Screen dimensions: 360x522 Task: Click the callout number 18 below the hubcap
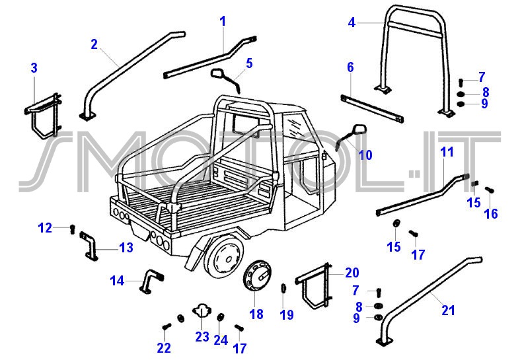[x=256, y=314]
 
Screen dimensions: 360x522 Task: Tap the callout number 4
[x=352, y=22]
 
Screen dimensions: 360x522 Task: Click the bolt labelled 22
[x=166, y=326]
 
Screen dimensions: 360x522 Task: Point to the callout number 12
[x=45, y=228]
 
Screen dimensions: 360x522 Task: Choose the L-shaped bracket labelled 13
[x=91, y=245]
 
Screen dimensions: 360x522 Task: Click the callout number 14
[x=117, y=281]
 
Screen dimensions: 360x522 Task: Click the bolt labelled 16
[x=490, y=191]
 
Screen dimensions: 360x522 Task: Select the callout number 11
[x=447, y=152]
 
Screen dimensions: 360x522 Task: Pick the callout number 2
[x=94, y=44]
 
